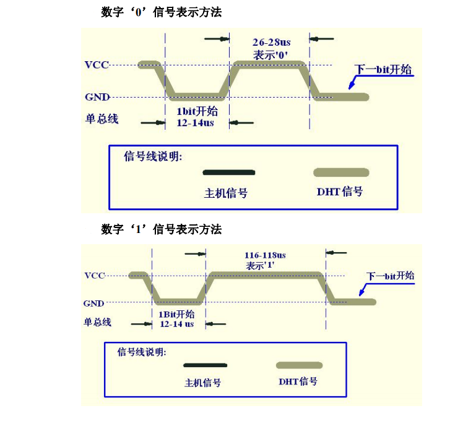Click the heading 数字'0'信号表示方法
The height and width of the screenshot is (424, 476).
point(161,12)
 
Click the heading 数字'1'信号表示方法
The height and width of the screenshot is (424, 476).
point(161,229)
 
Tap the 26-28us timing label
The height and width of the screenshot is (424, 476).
point(271,42)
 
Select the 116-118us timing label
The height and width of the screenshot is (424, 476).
point(264,255)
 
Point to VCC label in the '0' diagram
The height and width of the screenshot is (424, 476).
point(97,64)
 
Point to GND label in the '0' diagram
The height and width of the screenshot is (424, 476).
point(97,97)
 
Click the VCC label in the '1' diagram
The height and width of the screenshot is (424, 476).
point(95,276)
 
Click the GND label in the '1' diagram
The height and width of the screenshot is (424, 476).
point(93,303)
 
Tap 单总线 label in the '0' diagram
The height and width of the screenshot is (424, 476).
point(102,118)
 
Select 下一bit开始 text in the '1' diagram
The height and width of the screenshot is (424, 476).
point(389,276)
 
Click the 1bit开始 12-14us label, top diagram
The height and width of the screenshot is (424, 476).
point(196,117)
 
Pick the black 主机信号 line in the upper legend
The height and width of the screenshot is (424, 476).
point(228,172)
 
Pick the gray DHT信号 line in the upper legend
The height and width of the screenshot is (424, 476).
point(341,172)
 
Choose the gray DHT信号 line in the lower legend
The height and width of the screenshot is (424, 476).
point(299,365)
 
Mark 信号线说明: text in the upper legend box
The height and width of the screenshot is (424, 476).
point(153,156)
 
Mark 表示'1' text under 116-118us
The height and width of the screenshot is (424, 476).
point(260,265)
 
